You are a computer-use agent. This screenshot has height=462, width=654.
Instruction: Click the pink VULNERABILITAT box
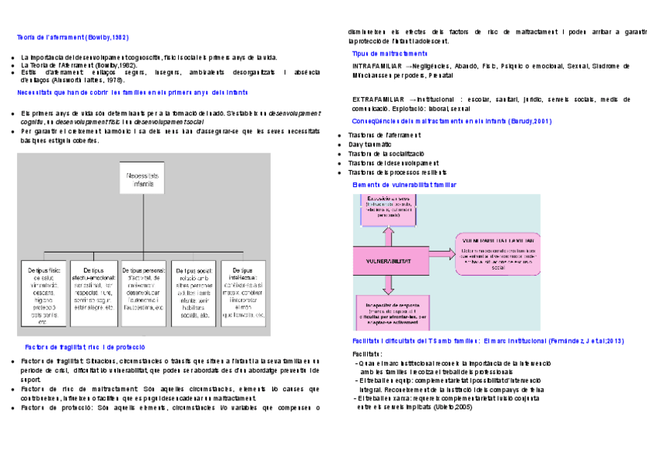coord(391,261)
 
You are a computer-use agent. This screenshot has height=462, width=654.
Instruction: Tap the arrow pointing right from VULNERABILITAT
coord(440,253)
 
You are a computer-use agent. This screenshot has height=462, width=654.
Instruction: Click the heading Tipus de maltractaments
coord(389,54)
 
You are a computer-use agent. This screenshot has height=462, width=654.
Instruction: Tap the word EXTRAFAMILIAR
coord(376,100)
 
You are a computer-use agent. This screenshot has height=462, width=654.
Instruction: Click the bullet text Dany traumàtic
coord(369,144)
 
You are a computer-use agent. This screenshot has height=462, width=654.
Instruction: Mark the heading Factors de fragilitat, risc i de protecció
coord(85,347)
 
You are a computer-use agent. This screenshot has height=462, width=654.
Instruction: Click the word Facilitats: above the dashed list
coord(367,353)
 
